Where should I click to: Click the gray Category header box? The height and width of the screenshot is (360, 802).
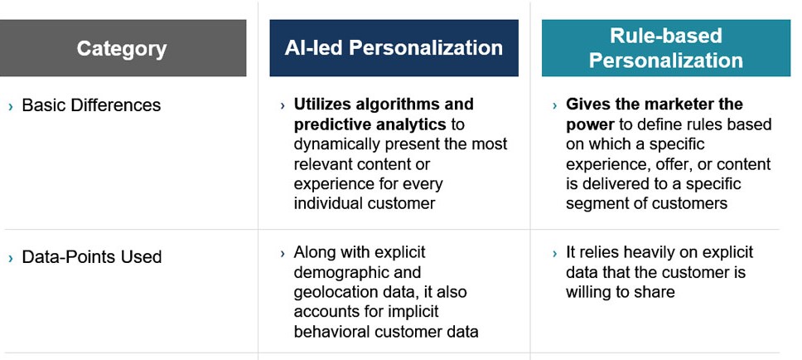pyautogui.click(x=123, y=48)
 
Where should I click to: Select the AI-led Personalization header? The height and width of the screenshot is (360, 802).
pyautogui.click(x=394, y=48)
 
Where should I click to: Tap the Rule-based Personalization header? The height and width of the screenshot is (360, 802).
pyautogui.click(x=666, y=48)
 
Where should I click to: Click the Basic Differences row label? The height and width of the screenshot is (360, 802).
pyautogui.click(x=91, y=105)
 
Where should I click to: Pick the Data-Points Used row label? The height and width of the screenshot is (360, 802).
pyautogui.click(x=92, y=256)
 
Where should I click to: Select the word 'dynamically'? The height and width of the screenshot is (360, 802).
pyautogui.click(x=336, y=144)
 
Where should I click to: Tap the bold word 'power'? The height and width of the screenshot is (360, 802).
pyautogui.click(x=590, y=124)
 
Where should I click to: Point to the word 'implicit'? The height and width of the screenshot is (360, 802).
pyautogui.click(x=413, y=312)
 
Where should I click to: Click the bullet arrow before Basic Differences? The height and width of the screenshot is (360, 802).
pyautogui.click(x=11, y=106)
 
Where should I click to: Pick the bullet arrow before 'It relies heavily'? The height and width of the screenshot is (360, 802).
pyautogui.click(x=555, y=254)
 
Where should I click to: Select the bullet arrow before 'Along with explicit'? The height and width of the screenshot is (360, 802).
pyautogui.click(x=283, y=254)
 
